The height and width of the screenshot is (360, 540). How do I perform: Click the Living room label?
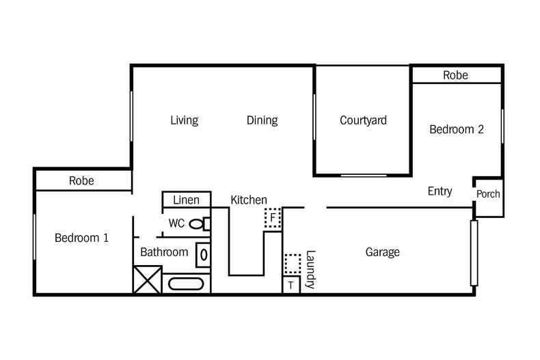point(184,121)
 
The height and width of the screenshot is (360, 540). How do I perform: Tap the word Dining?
point(262,121)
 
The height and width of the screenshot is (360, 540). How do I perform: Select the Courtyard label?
point(363,121)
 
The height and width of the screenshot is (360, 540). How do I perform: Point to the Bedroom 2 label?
point(456,129)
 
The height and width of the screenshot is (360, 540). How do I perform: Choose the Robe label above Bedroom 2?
point(455,75)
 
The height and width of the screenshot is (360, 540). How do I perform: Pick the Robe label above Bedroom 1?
point(81,181)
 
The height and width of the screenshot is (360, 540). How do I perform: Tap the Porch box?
point(488,195)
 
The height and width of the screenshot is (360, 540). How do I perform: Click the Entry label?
point(440,191)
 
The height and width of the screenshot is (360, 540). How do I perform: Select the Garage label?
point(382,252)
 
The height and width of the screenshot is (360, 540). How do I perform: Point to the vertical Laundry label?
point(310,269)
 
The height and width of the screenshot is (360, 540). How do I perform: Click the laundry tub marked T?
point(291,285)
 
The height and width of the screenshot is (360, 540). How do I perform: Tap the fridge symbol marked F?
point(273,218)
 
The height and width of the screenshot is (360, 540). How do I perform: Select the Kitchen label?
point(248,200)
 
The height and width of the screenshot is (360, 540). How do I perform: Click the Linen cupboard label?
point(186,200)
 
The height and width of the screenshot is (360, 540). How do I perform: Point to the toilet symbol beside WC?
point(198,223)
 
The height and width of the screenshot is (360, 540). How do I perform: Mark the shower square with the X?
point(146,280)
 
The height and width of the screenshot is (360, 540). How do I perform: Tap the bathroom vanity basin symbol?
point(203,255)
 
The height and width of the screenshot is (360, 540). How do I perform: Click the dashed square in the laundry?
point(292,264)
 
